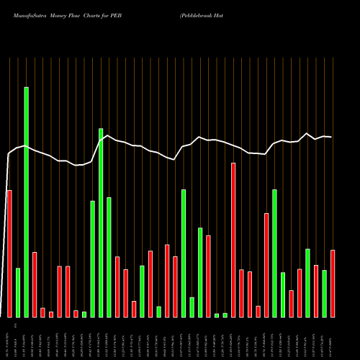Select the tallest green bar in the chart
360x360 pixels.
[27, 202]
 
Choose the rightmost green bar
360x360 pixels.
[324, 293]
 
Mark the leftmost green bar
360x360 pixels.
[18, 292]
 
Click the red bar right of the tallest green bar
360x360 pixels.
[35, 284]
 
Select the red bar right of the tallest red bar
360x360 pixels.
[242, 293]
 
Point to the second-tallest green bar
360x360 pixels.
[101, 222]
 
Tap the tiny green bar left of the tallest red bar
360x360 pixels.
[225, 315]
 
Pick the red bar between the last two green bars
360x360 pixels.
[316, 291]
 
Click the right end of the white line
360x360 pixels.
[331, 137]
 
